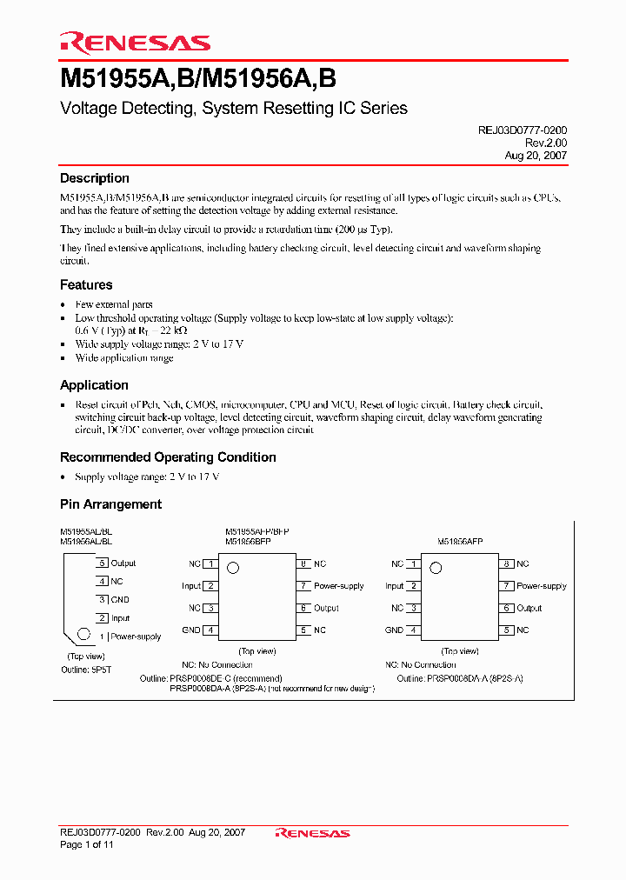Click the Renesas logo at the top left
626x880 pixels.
(x=135, y=42)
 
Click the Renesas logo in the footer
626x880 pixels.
(x=312, y=833)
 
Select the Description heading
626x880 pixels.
(x=94, y=178)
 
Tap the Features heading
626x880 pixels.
(x=86, y=284)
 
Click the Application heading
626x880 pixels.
(x=94, y=385)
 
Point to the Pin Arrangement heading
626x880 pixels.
(x=110, y=504)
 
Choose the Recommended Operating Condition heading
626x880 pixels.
(x=168, y=457)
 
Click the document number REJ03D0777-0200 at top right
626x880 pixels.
(x=522, y=130)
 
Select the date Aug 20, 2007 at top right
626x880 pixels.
(x=536, y=156)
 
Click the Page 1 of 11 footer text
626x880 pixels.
(x=87, y=844)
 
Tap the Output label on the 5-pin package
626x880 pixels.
(x=123, y=563)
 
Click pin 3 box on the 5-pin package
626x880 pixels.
(x=103, y=599)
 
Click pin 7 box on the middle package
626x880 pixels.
(x=303, y=586)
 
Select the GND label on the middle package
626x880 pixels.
(x=190, y=630)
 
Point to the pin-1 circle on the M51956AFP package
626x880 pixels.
(x=436, y=568)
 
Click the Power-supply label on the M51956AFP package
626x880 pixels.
(x=542, y=586)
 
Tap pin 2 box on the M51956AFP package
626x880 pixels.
(x=414, y=586)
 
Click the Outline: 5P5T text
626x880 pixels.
(x=87, y=670)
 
